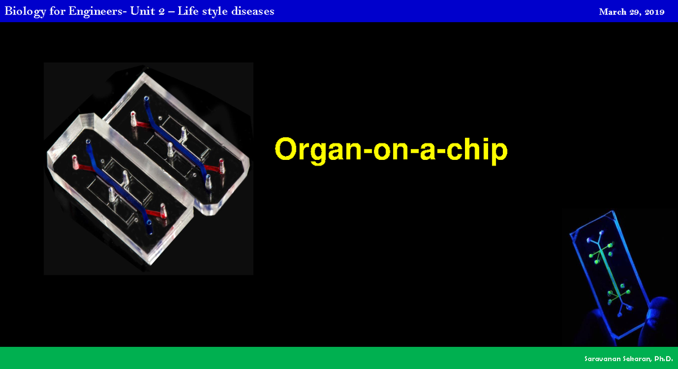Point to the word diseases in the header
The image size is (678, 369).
253,11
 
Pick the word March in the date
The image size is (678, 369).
612,12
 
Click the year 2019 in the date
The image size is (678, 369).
654,12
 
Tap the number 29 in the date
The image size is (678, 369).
634,12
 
